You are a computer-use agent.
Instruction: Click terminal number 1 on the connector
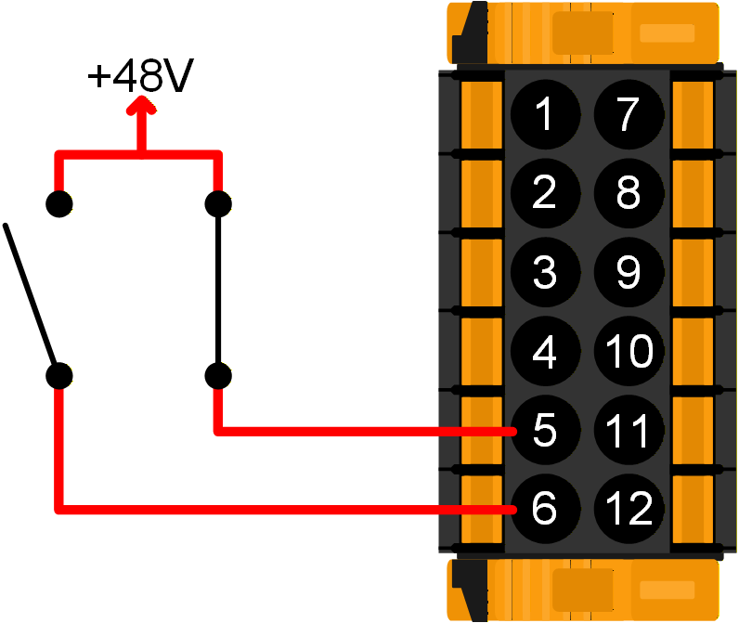(x=544, y=114)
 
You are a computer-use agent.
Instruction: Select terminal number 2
(x=544, y=193)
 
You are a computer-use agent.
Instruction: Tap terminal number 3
(x=544, y=272)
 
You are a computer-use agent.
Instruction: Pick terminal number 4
(x=544, y=352)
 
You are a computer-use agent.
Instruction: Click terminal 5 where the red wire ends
(x=544, y=431)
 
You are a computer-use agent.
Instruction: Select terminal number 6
(x=544, y=509)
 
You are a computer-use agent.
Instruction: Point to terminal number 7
(x=629, y=114)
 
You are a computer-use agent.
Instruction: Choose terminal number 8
(x=629, y=193)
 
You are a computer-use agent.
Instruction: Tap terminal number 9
(x=629, y=272)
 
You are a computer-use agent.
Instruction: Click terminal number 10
(x=629, y=352)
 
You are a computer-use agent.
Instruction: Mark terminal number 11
(x=629, y=431)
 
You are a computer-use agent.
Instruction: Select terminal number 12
(x=629, y=509)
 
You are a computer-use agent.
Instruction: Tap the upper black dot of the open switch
(x=60, y=203)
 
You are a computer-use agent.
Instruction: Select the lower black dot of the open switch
(x=60, y=376)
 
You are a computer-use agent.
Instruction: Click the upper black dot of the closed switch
(x=218, y=203)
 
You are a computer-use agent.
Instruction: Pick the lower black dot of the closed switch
(x=218, y=376)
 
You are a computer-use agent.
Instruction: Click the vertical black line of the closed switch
(x=218, y=290)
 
